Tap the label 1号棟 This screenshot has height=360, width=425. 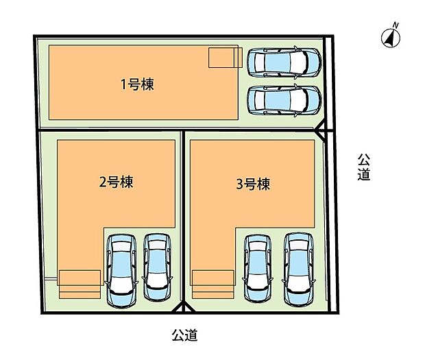136,85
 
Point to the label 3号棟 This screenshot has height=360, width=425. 252,184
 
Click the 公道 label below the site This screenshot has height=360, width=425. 184,335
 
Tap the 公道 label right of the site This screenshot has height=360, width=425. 364,167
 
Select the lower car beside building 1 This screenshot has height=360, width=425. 283,100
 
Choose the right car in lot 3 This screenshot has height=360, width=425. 300,268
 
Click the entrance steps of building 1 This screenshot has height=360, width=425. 225,57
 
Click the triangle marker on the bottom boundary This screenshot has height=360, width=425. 182,308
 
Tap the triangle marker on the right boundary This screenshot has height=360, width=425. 322,130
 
